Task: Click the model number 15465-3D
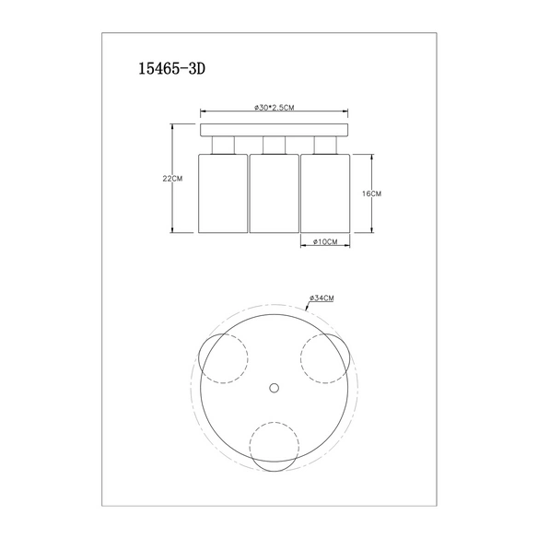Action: (x=171, y=68)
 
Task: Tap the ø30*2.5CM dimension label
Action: (x=275, y=108)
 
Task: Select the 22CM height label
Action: (x=172, y=179)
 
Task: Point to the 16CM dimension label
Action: (x=371, y=193)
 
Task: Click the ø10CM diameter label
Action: (x=325, y=241)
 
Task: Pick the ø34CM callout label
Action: (x=322, y=298)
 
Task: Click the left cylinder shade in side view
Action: (x=223, y=193)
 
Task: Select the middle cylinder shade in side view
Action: (x=275, y=193)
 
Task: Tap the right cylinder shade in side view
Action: (x=325, y=193)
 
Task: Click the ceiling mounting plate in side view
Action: (x=275, y=130)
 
